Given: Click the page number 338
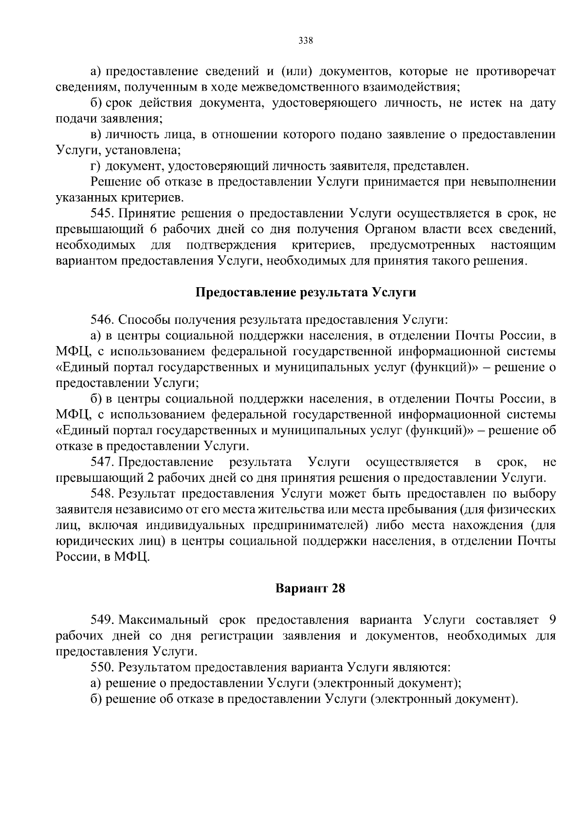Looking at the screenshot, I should [305, 40].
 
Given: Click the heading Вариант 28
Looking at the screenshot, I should [310, 588].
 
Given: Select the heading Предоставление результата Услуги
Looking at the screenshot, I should [306, 293].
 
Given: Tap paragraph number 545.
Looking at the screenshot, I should [102, 214].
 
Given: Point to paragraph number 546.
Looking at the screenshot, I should [102, 320].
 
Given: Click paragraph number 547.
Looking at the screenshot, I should [102, 461].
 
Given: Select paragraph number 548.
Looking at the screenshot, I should [102, 494].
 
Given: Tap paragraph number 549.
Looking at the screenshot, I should [102, 620].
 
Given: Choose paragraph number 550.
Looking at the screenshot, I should [102, 667].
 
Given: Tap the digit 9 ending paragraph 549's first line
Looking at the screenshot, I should [552, 620].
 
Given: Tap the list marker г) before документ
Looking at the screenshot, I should [95, 166].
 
